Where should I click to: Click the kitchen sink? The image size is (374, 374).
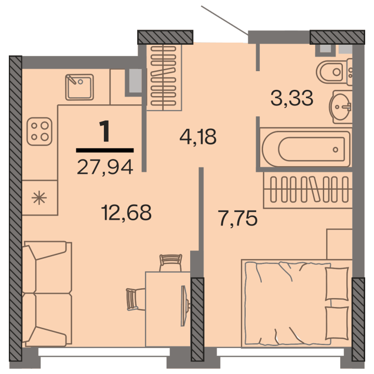(79, 87)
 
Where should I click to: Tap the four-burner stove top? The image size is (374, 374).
(39, 131)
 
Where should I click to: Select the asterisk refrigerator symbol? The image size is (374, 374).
(39, 198)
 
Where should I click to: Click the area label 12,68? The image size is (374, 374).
(126, 212)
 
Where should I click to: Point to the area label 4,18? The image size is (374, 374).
(198, 137)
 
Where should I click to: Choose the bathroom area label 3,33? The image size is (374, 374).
(292, 98)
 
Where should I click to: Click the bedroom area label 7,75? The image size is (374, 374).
(237, 218)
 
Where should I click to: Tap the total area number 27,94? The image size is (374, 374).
(105, 167)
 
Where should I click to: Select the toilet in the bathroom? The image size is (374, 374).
(334, 72)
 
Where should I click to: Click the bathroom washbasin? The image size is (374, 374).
(341, 107)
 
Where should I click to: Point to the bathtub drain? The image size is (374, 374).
(336, 150)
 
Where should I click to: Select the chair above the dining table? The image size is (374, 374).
(170, 263)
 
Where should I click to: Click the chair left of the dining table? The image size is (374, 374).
(136, 299)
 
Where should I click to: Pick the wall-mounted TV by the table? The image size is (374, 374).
(184, 306)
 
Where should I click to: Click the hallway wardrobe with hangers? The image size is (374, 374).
(164, 77)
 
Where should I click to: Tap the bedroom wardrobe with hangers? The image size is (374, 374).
(308, 190)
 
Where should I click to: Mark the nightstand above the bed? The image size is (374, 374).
(339, 244)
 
